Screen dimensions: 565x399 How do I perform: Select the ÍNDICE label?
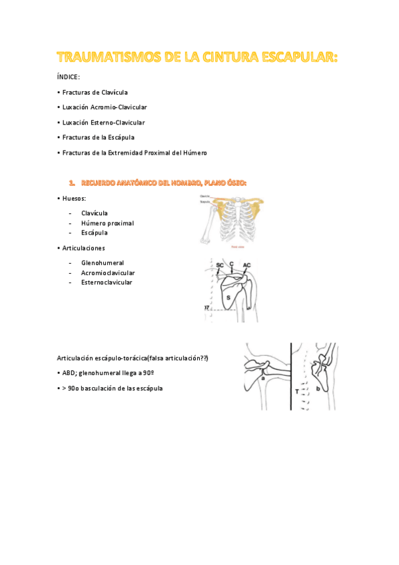coord(69,77)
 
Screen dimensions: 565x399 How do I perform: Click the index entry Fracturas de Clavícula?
coord(95,92)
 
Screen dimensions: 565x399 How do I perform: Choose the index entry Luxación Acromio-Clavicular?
coord(105,107)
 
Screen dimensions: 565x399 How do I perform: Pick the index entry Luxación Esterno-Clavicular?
coord(103,123)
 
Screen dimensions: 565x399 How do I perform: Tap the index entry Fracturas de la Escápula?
coord(98,137)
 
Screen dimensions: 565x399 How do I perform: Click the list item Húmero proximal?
coord(107,223)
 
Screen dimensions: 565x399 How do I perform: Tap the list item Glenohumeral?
coord(103,263)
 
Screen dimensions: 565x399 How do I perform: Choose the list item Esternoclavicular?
coord(107,282)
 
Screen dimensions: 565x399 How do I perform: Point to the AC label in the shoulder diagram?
coord(246,265)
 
